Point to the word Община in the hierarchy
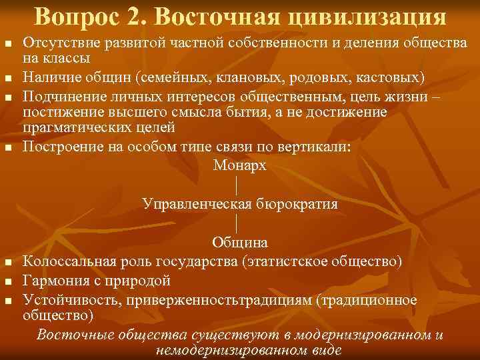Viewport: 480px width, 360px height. click(x=240, y=242)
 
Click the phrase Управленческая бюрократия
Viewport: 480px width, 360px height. click(x=240, y=204)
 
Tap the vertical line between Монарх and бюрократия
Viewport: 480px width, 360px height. click(x=237, y=185)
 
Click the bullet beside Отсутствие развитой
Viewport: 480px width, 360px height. click(x=8, y=44)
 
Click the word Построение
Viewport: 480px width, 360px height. click(x=61, y=147)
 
